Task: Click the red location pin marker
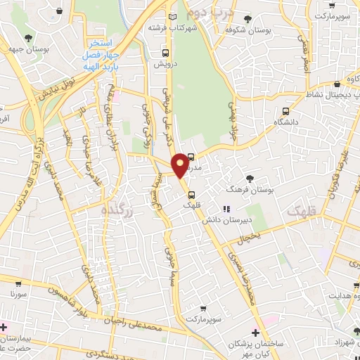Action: point(180,165)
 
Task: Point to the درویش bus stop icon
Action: point(165,53)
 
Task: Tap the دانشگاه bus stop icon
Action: point(285,111)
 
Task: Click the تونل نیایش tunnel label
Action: point(62,82)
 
